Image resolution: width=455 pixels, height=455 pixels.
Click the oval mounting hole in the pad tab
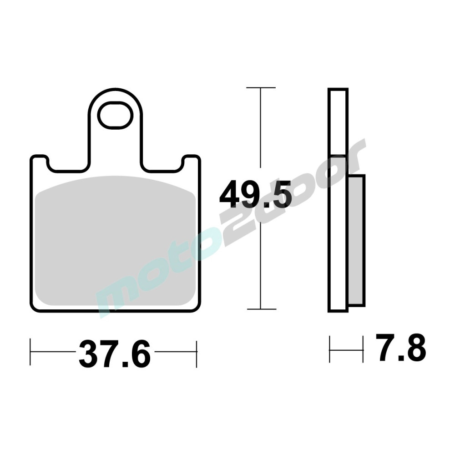(115, 116)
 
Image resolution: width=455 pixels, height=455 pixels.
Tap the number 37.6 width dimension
(114, 354)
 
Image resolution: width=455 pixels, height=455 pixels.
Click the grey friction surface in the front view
(116, 241)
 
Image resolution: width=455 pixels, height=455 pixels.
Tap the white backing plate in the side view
(338, 200)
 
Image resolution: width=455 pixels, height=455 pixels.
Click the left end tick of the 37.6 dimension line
(30, 353)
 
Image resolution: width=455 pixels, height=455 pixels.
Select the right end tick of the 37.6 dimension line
(197, 353)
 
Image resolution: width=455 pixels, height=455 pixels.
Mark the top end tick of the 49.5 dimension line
(261, 87)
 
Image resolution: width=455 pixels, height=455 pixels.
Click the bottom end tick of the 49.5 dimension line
(261, 309)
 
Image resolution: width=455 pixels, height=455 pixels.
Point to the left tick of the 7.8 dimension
(330, 349)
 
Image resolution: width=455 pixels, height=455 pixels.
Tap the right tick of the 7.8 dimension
(363, 349)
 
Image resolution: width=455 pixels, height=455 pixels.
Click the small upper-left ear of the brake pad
(39, 162)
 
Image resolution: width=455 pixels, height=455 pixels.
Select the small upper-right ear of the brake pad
(191, 162)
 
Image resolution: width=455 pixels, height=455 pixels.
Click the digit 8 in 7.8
(415, 349)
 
